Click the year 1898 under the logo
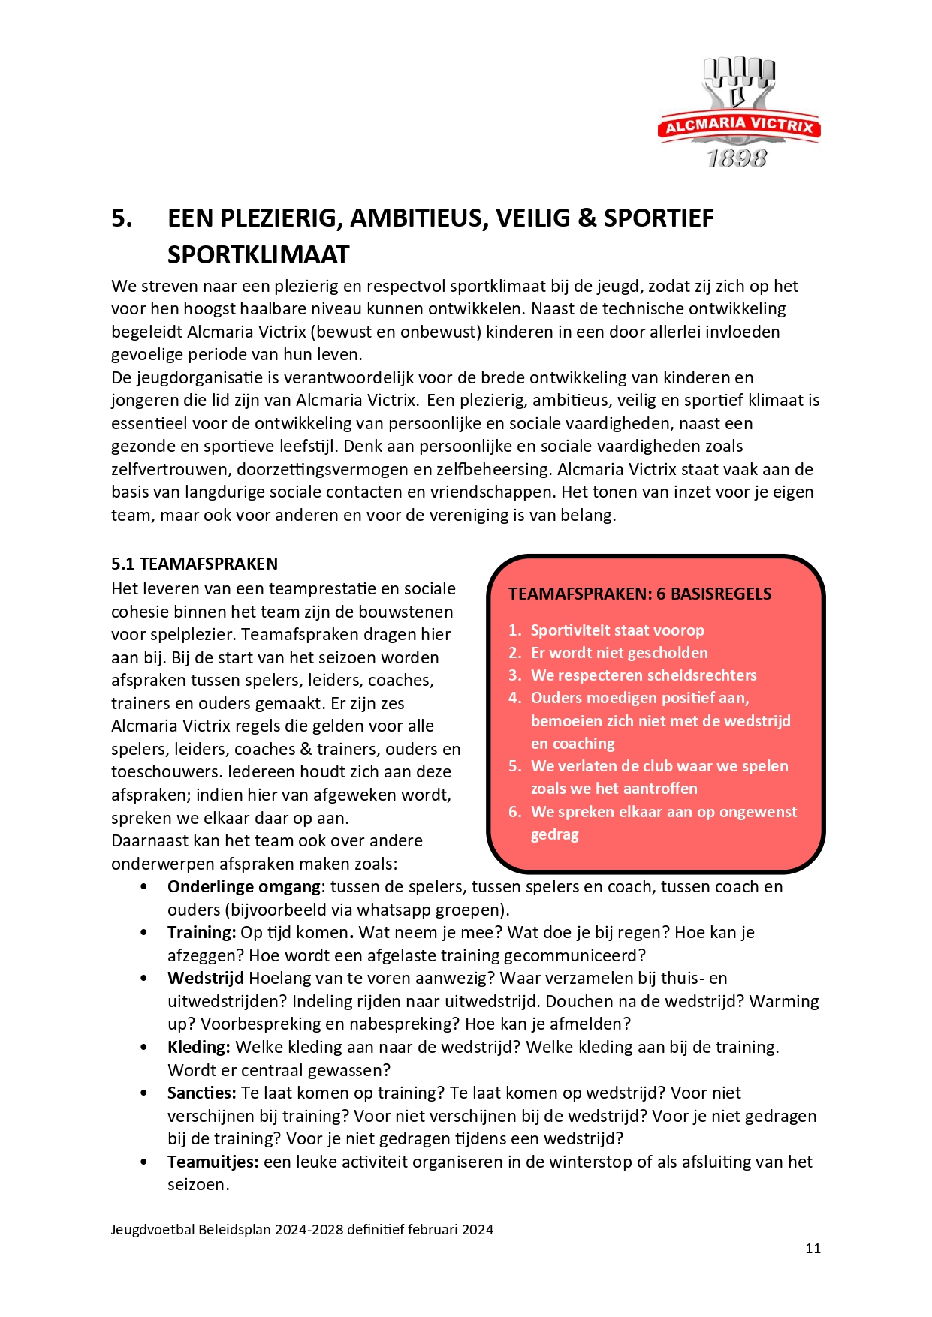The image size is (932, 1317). pos(737,158)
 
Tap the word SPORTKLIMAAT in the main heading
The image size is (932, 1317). pos(258,255)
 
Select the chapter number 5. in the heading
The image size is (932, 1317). pos(122,218)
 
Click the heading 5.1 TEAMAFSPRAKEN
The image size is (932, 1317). pos(195,564)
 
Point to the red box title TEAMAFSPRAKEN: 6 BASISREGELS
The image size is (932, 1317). pos(640,594)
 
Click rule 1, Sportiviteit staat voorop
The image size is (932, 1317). pos(617,630)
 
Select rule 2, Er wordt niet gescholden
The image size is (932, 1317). pos(620,653)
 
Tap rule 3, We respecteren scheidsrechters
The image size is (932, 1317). pos(644,675)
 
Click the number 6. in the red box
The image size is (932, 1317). pos(514,812)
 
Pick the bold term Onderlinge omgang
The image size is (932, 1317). pos(244,887)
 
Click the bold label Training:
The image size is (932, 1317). pos(202,933)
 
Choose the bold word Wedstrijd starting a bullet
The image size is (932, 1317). pos(206,979)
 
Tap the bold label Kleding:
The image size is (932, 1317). pos(199,1048)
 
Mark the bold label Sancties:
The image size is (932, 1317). pos(202,1093)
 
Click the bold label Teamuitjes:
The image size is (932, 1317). pos(213,1162)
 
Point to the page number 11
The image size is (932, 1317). pos(813,1249)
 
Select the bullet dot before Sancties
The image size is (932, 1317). pos(143,1093)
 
